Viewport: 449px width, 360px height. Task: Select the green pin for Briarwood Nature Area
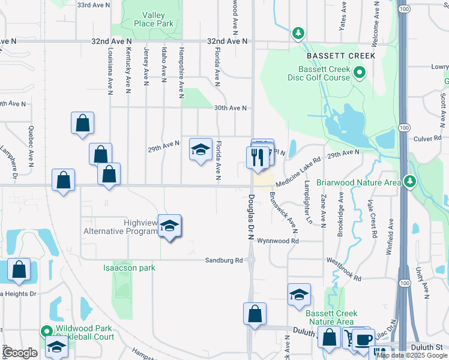tap(410, 181)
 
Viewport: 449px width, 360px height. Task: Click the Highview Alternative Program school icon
tap(170, 226)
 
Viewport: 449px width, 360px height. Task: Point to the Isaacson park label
tap(129, 267)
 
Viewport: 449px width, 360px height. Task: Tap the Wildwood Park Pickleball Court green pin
tap(46, 331)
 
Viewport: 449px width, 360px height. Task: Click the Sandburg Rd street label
tap(223, 260)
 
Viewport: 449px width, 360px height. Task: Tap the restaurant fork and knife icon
tap(257, 157)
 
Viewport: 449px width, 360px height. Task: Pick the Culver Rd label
tap(427, 138)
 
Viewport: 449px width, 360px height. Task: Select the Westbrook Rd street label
tap(344, 269)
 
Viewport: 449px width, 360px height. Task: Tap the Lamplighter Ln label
tap(309, 202)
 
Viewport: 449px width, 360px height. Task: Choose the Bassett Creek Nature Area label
tap(331, 318)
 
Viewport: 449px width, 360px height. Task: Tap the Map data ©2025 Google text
tap(412, 355)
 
